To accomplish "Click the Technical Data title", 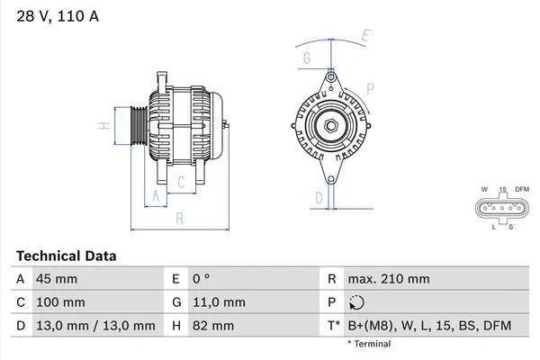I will pyautogui.click(x=66, y=256).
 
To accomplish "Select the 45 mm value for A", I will pyautogui.click(x=56, y=279).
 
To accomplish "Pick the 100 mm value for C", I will pyautogui.click(x=59, y=302).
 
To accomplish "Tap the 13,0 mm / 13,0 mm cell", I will pyautogui.click(x=94, y=326).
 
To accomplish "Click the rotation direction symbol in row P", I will pyautogui.click(x=357, y=302).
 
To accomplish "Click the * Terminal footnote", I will pyautogui.click(x=369, y=344).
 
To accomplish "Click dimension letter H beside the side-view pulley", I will pyautogui.click(x=104, y=126).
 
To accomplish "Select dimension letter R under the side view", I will pyautogui.click(x=179, y=218).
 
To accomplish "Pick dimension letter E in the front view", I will pyautogui.click(x=364, y=37).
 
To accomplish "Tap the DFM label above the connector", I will pyautogui.click(x=521, y=189).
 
